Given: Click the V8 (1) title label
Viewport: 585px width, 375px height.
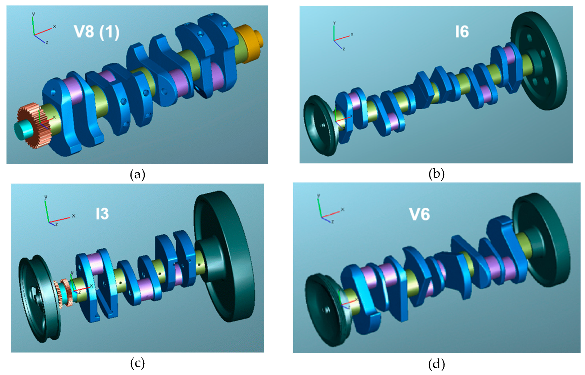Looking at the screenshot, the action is (x=97, y=32).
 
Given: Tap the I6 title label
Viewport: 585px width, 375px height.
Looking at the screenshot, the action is (x=462, y=32).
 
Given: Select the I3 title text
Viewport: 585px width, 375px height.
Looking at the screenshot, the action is (x=102, y=214).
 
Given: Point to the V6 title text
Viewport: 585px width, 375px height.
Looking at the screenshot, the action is (x=419, y=214).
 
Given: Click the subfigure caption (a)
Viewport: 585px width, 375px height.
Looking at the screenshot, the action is (x=137, y=174).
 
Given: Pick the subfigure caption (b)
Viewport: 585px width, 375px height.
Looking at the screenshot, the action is (x=436, y=174).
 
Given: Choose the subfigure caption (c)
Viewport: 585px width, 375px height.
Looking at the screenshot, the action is (x=137, y=363).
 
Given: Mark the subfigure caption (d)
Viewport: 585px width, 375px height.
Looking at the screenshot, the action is (x=436, y=364).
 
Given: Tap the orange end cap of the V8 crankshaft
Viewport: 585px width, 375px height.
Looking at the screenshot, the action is (x=249, y=43).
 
